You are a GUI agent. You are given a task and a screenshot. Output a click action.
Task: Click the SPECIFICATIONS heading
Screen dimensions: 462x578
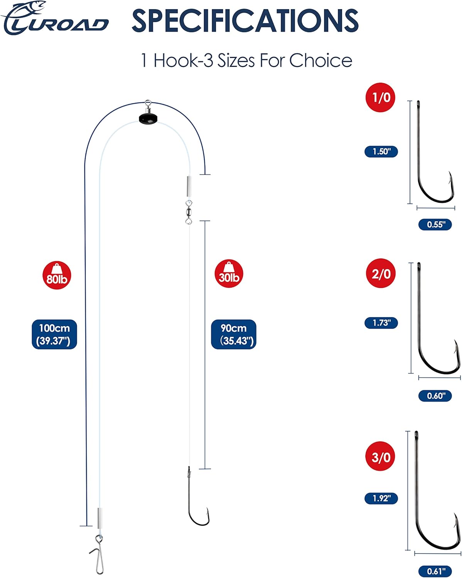pos(245,21)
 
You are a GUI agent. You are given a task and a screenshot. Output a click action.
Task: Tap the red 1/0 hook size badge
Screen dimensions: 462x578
pos(380,97)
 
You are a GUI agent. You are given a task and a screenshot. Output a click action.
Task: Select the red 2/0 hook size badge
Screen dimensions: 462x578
pos(381,274)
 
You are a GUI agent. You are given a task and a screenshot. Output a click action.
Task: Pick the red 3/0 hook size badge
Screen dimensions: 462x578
pos(380,457)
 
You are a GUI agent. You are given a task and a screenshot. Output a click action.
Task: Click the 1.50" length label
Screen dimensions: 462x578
pos(381,151)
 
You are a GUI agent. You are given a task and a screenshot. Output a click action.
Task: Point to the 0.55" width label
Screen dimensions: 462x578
pos(435,224)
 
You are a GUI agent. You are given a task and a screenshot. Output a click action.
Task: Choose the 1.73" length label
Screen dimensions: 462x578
pos(381,323)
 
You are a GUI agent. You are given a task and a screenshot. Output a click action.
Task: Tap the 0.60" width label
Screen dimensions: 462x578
pos(435,396)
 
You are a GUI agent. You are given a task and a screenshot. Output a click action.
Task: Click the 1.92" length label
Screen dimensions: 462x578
pos(381,499)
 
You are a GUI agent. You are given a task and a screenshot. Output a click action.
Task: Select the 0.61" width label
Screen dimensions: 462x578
pos(435,571)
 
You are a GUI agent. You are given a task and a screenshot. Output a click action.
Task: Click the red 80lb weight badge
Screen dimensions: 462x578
pos(57,275)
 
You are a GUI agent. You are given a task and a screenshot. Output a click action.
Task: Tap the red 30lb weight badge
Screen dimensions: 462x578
pos(229,274)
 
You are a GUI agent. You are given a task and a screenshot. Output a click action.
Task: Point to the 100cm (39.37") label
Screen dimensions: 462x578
pos(54,334)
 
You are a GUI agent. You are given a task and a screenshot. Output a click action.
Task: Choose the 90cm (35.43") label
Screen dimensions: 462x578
pos(234,334)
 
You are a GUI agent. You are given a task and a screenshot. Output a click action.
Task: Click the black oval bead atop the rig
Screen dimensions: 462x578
pos(148,118)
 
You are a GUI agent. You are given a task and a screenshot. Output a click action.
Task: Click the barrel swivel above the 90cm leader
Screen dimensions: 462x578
pos(189,212)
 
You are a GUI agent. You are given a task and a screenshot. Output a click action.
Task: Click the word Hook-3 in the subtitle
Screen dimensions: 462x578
pos(184,60)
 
